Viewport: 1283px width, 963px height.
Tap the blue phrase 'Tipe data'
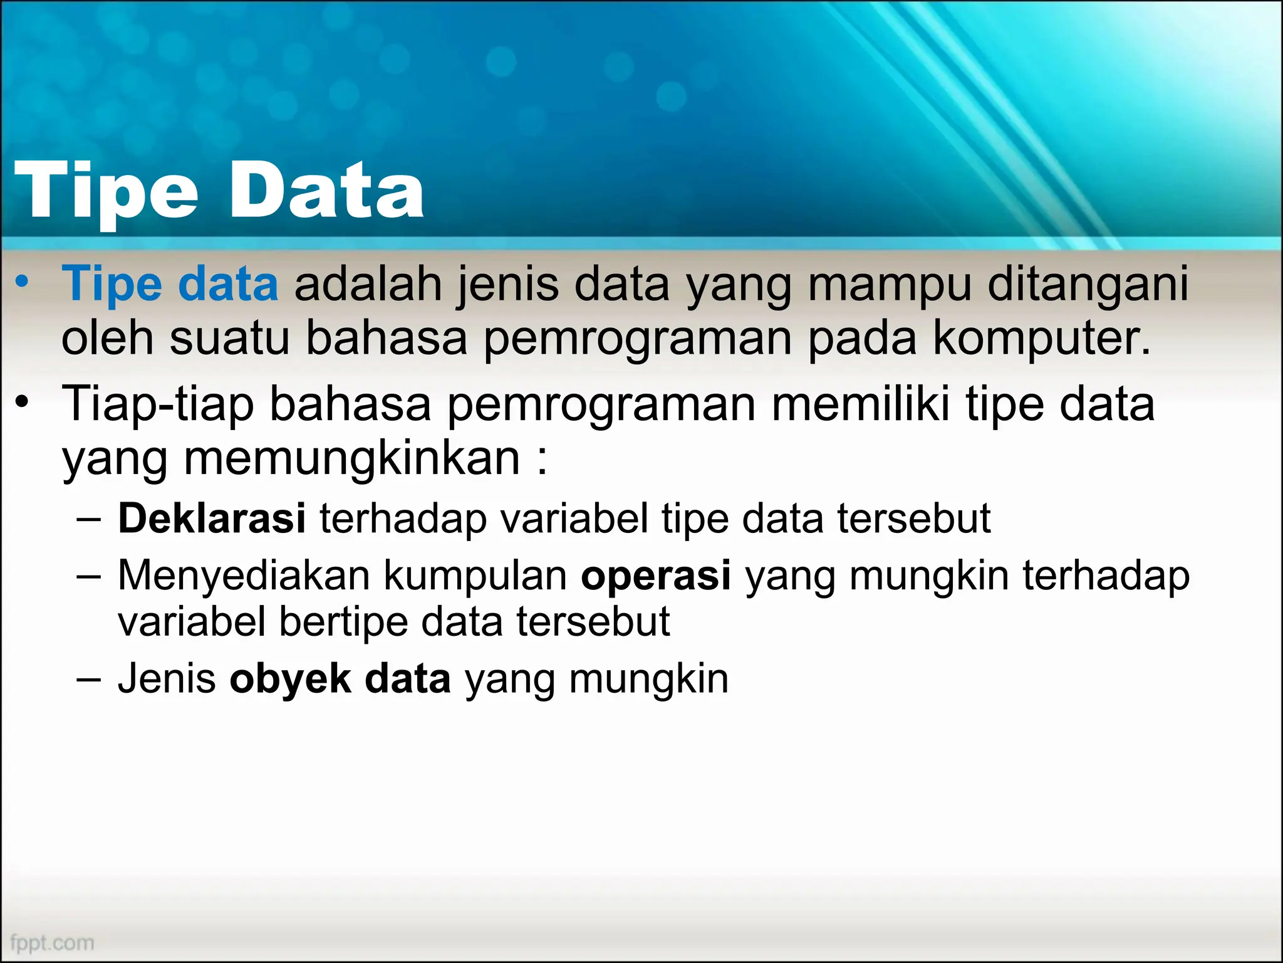170,284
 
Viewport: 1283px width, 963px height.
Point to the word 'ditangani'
1088,284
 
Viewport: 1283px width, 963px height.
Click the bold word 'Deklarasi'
212,518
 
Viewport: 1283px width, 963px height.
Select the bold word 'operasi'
655,575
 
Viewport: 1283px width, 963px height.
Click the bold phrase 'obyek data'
340,679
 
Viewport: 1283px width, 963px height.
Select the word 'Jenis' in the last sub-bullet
167,679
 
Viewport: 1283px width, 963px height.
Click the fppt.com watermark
52,942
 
